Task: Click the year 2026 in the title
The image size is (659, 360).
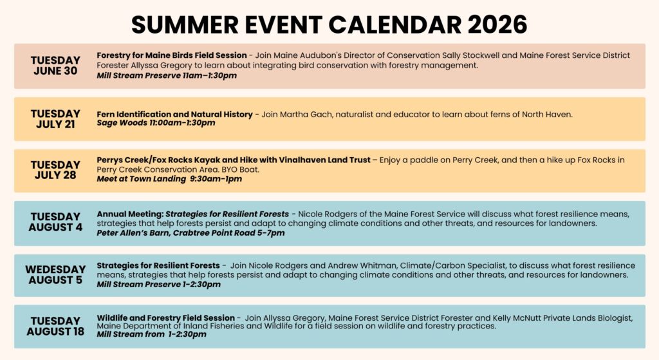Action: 497,24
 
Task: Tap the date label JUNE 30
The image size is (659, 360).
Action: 55,71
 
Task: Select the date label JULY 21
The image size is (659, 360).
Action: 55,124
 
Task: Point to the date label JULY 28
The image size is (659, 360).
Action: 55,175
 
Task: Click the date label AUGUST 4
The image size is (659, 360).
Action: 55,227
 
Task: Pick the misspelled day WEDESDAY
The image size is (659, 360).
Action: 55,269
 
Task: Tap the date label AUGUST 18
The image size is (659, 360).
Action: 55,332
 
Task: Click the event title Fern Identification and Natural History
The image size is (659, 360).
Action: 175,115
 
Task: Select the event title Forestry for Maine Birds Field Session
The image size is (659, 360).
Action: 172,55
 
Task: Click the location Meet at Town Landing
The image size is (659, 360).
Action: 141,179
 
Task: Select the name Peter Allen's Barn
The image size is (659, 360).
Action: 133,233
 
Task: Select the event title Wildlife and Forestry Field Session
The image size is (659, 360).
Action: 165,318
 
